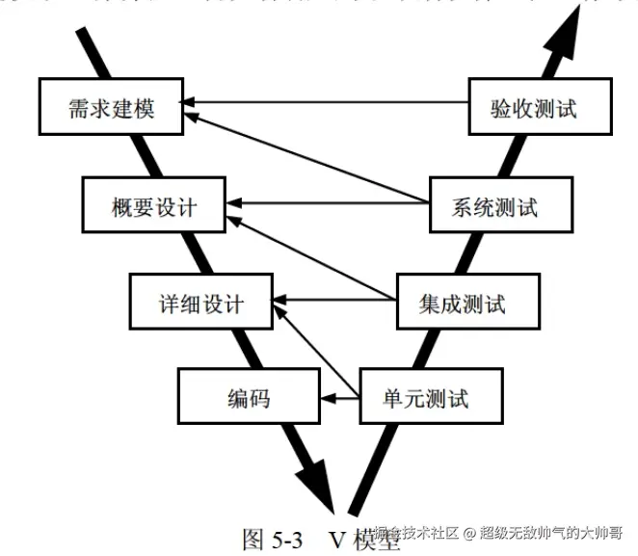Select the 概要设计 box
pos(154,205)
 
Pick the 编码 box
pos(248,395)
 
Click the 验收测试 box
pos(539,107)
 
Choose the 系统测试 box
pos(494,205)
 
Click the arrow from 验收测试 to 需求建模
pos(328,101)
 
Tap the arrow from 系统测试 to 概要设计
pos(328,203)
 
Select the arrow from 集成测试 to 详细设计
pos(337,300)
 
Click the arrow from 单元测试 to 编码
pos(340,395)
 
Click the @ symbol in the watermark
pos(467,532)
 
